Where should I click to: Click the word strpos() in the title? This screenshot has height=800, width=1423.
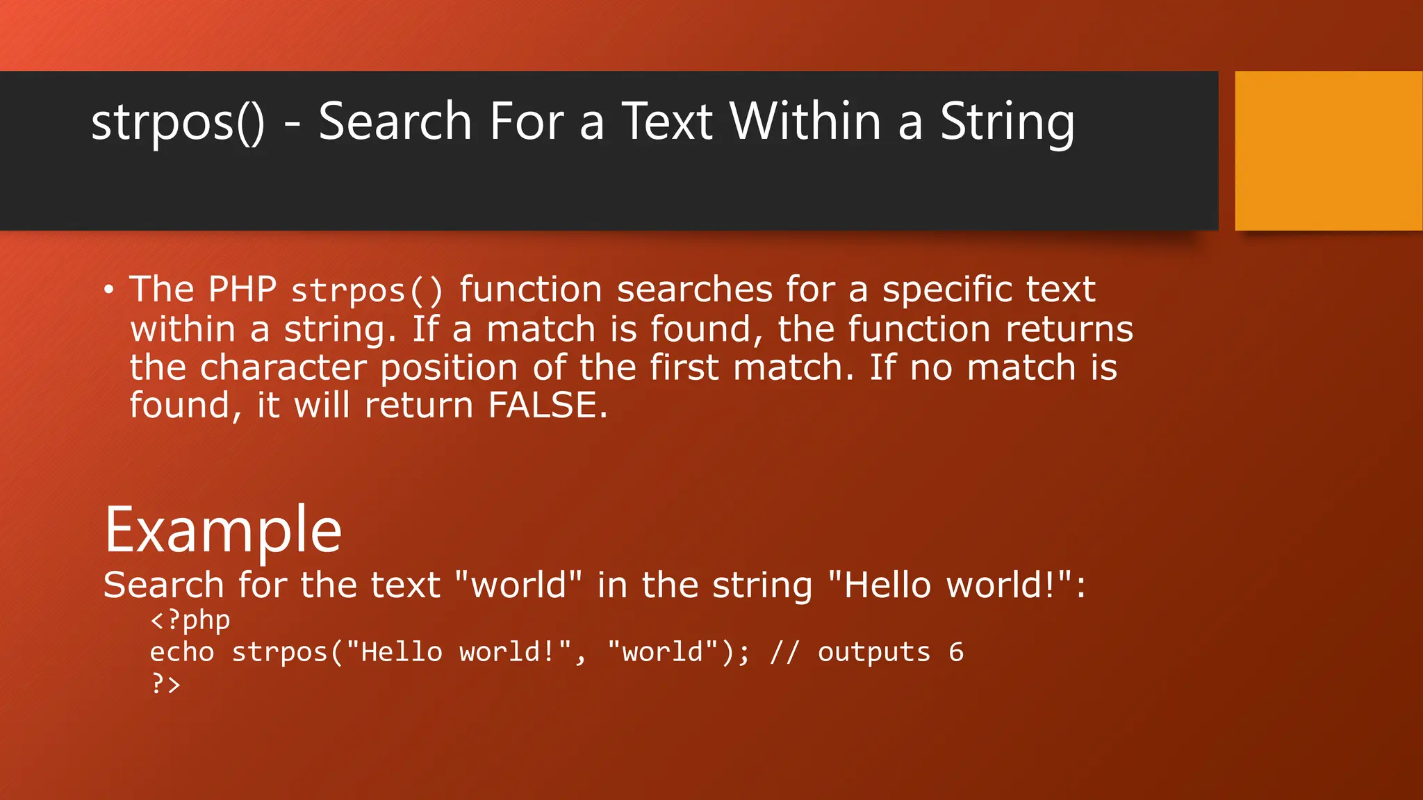178,122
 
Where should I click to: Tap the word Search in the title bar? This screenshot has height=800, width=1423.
395,122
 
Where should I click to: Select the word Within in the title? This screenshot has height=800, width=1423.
805,122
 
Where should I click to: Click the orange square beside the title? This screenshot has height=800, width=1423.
1329,150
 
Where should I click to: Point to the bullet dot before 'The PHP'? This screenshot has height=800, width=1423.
108,290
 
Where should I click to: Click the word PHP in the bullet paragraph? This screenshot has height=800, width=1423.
242,290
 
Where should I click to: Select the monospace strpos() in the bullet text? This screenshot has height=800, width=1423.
366,291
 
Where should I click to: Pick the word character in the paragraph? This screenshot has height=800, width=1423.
283,367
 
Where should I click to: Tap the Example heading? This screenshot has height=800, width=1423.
223,531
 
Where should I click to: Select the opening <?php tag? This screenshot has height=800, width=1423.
190,620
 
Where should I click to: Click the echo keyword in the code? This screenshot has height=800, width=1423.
181,652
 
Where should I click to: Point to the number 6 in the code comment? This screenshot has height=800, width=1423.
956,652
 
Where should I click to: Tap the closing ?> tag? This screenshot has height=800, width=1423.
165,684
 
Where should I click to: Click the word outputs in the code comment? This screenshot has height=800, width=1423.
873,652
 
